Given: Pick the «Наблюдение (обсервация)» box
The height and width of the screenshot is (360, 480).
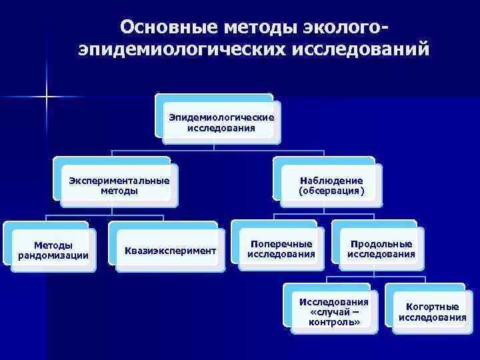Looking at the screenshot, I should click(x=331, y=185).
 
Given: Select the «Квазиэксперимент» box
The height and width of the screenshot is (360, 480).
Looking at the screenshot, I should click(x=170, y=251).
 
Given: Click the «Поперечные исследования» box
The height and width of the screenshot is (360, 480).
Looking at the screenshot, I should click(x=281, y=249).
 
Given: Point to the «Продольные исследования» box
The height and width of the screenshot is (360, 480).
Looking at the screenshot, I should click(x=381, y=249).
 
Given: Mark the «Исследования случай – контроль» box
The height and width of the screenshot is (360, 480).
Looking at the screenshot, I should click(x=335, y=312).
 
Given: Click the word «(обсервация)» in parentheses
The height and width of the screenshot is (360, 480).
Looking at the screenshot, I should click(x=331, y=191).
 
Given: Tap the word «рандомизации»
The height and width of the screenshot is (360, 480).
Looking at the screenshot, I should click(x=53, y=255).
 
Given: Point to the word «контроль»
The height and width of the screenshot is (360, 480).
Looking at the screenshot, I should click(x=335, y=322).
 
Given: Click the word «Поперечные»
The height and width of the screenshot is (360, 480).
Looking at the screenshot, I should click(x=281, y=243).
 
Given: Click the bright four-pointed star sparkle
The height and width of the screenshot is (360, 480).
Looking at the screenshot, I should click(x=47, y=98).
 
